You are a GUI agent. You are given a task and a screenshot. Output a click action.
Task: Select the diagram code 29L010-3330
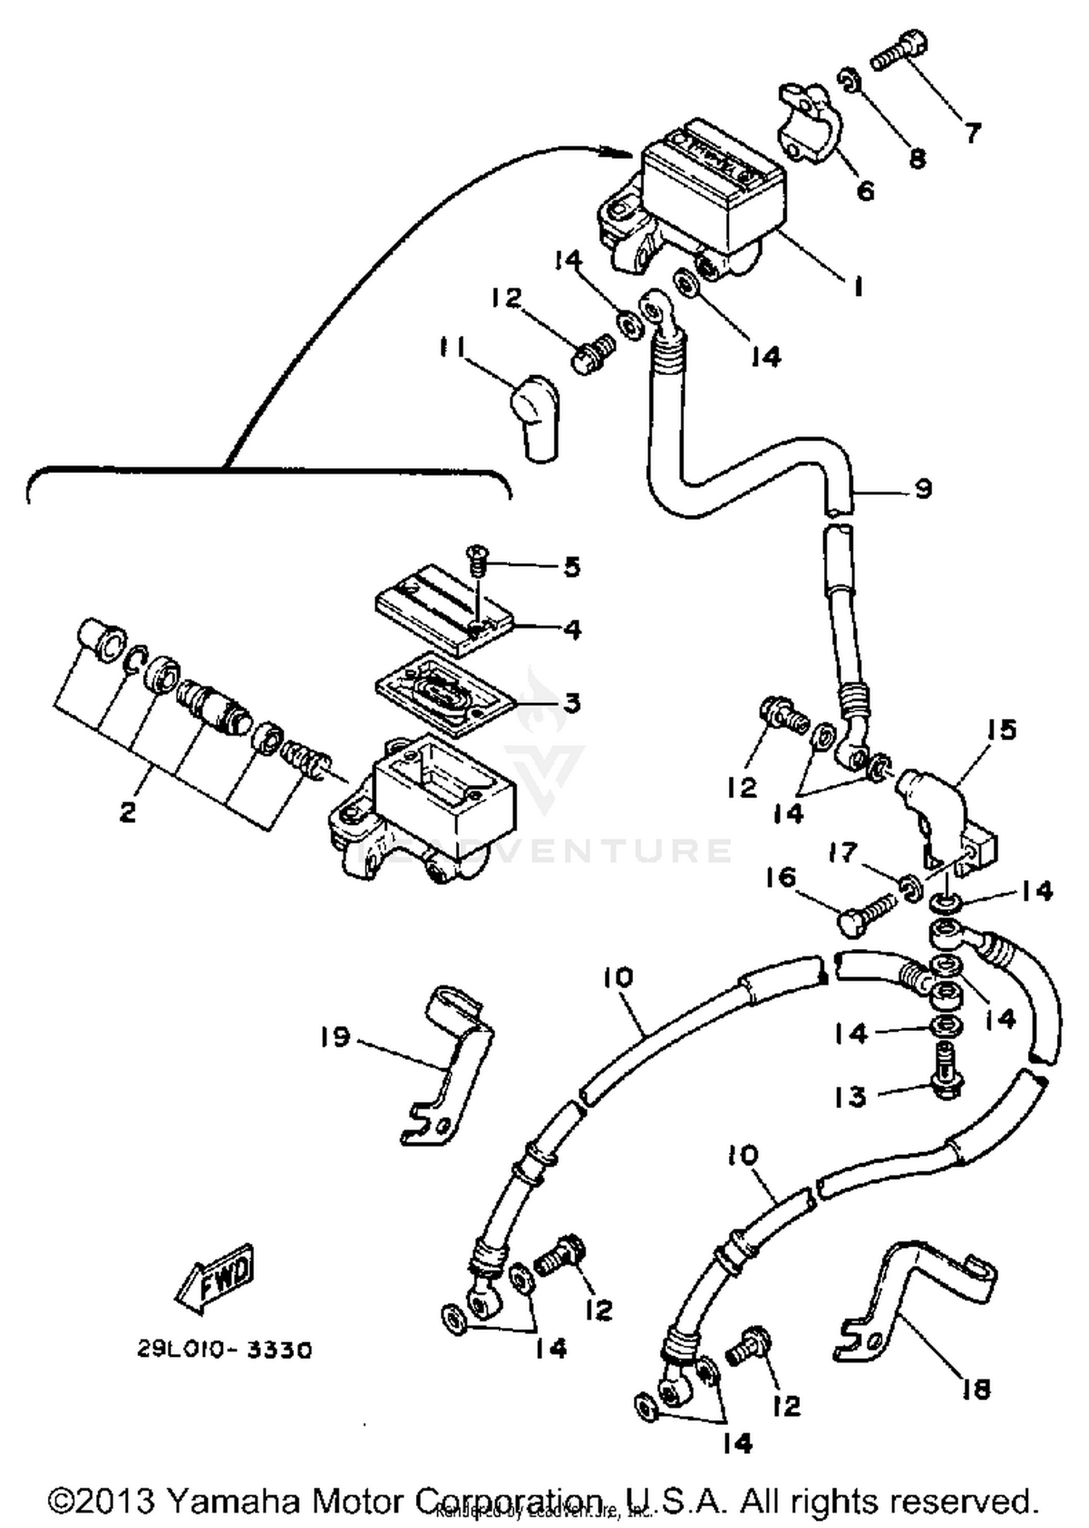point(225,1350)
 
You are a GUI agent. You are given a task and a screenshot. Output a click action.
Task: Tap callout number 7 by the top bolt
point(973,132)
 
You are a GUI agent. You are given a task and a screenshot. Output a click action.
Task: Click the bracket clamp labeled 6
point(807,123)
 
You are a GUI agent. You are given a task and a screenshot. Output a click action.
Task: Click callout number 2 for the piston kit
point(128,812)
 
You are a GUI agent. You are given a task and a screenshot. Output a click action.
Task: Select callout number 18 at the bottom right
point(976,1389)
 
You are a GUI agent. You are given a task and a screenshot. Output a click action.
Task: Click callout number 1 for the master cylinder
point(858,287)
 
